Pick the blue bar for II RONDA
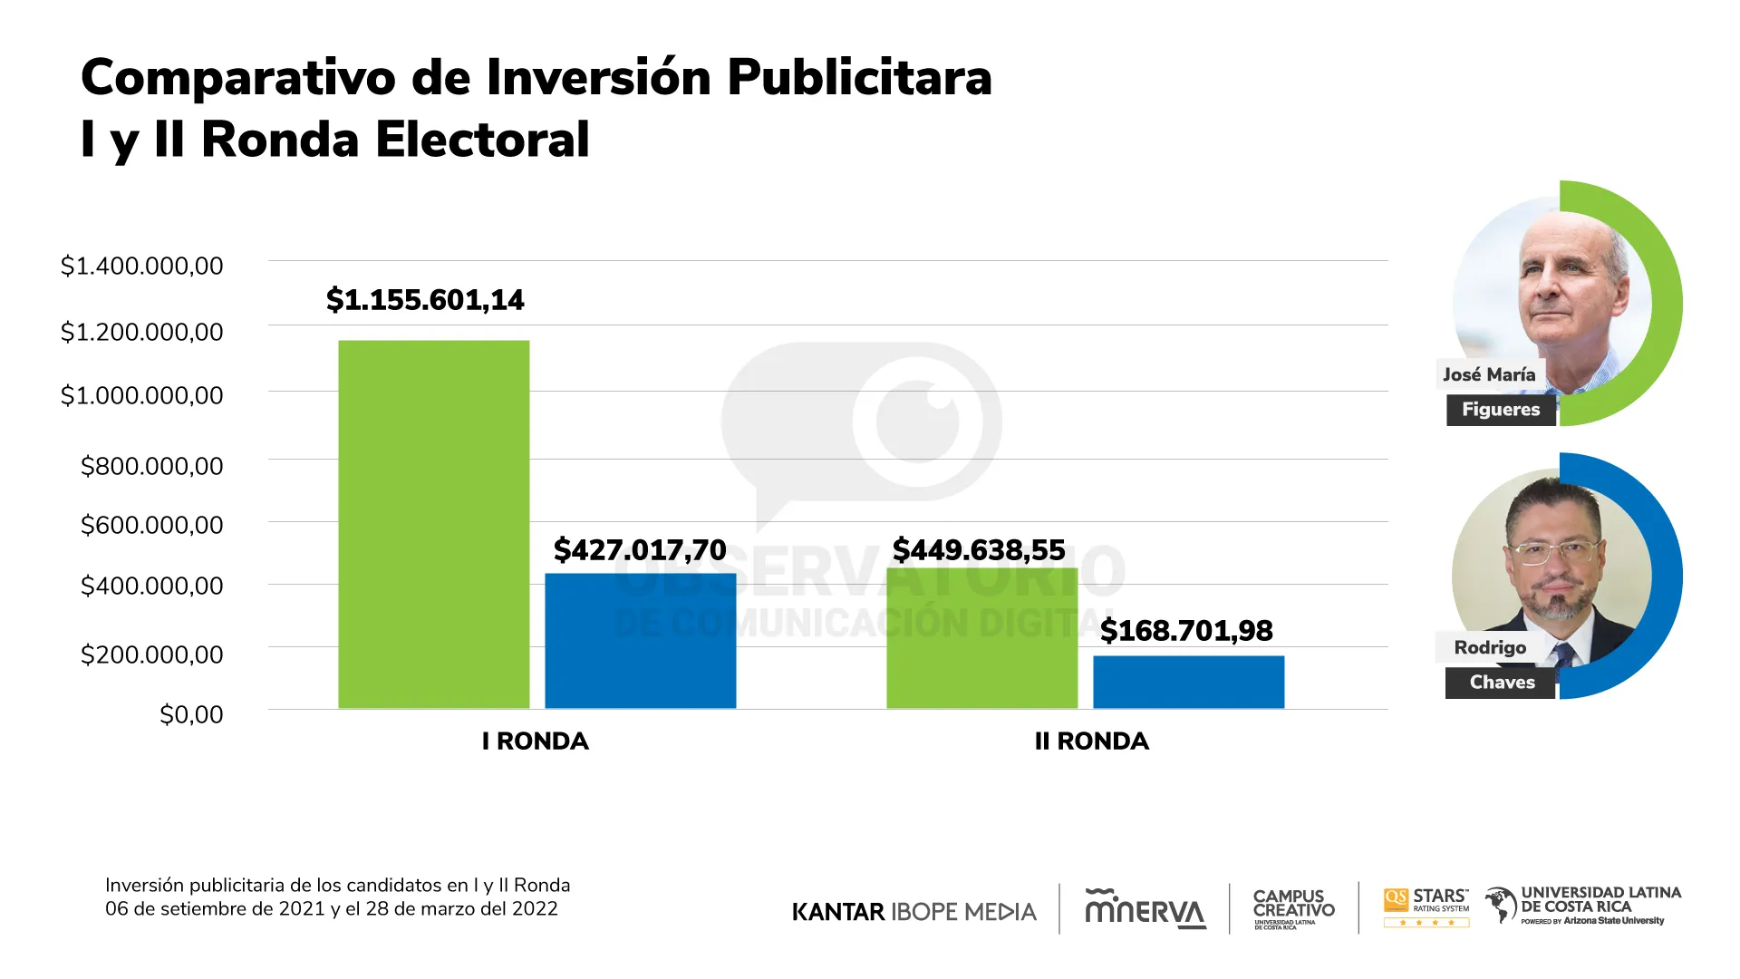(x=1188, y=682)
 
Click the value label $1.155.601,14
(x=425, y=300)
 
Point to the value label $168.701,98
(x=1186, y=631)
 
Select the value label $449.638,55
(x=979, y=549)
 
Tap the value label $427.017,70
(x=640, y=549)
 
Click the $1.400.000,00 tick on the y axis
(x=141, y=267)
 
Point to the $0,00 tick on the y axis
(x=191, y=715)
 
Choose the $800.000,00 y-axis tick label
(x=151, y=467)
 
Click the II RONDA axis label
(x=1092, y=742)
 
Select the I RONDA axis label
(x=536, y=742)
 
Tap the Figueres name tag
(x=1501, y=410)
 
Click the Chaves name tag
(x=1502, y=683)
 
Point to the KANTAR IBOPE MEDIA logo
(x=913, y=912)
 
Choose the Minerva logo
(x=1145, y=909)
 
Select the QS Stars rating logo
(x=1426, y=907)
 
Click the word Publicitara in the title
(x=859, y=78)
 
